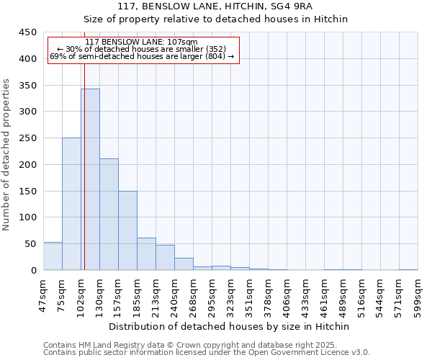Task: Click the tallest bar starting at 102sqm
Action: pos(90,179)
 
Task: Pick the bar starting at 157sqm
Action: pos(127,230)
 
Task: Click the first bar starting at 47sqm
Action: pos(53,256)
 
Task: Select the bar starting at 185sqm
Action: pos(146,254)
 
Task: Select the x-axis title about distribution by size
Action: pos(230,326)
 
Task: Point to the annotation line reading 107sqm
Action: pos(141,42)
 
